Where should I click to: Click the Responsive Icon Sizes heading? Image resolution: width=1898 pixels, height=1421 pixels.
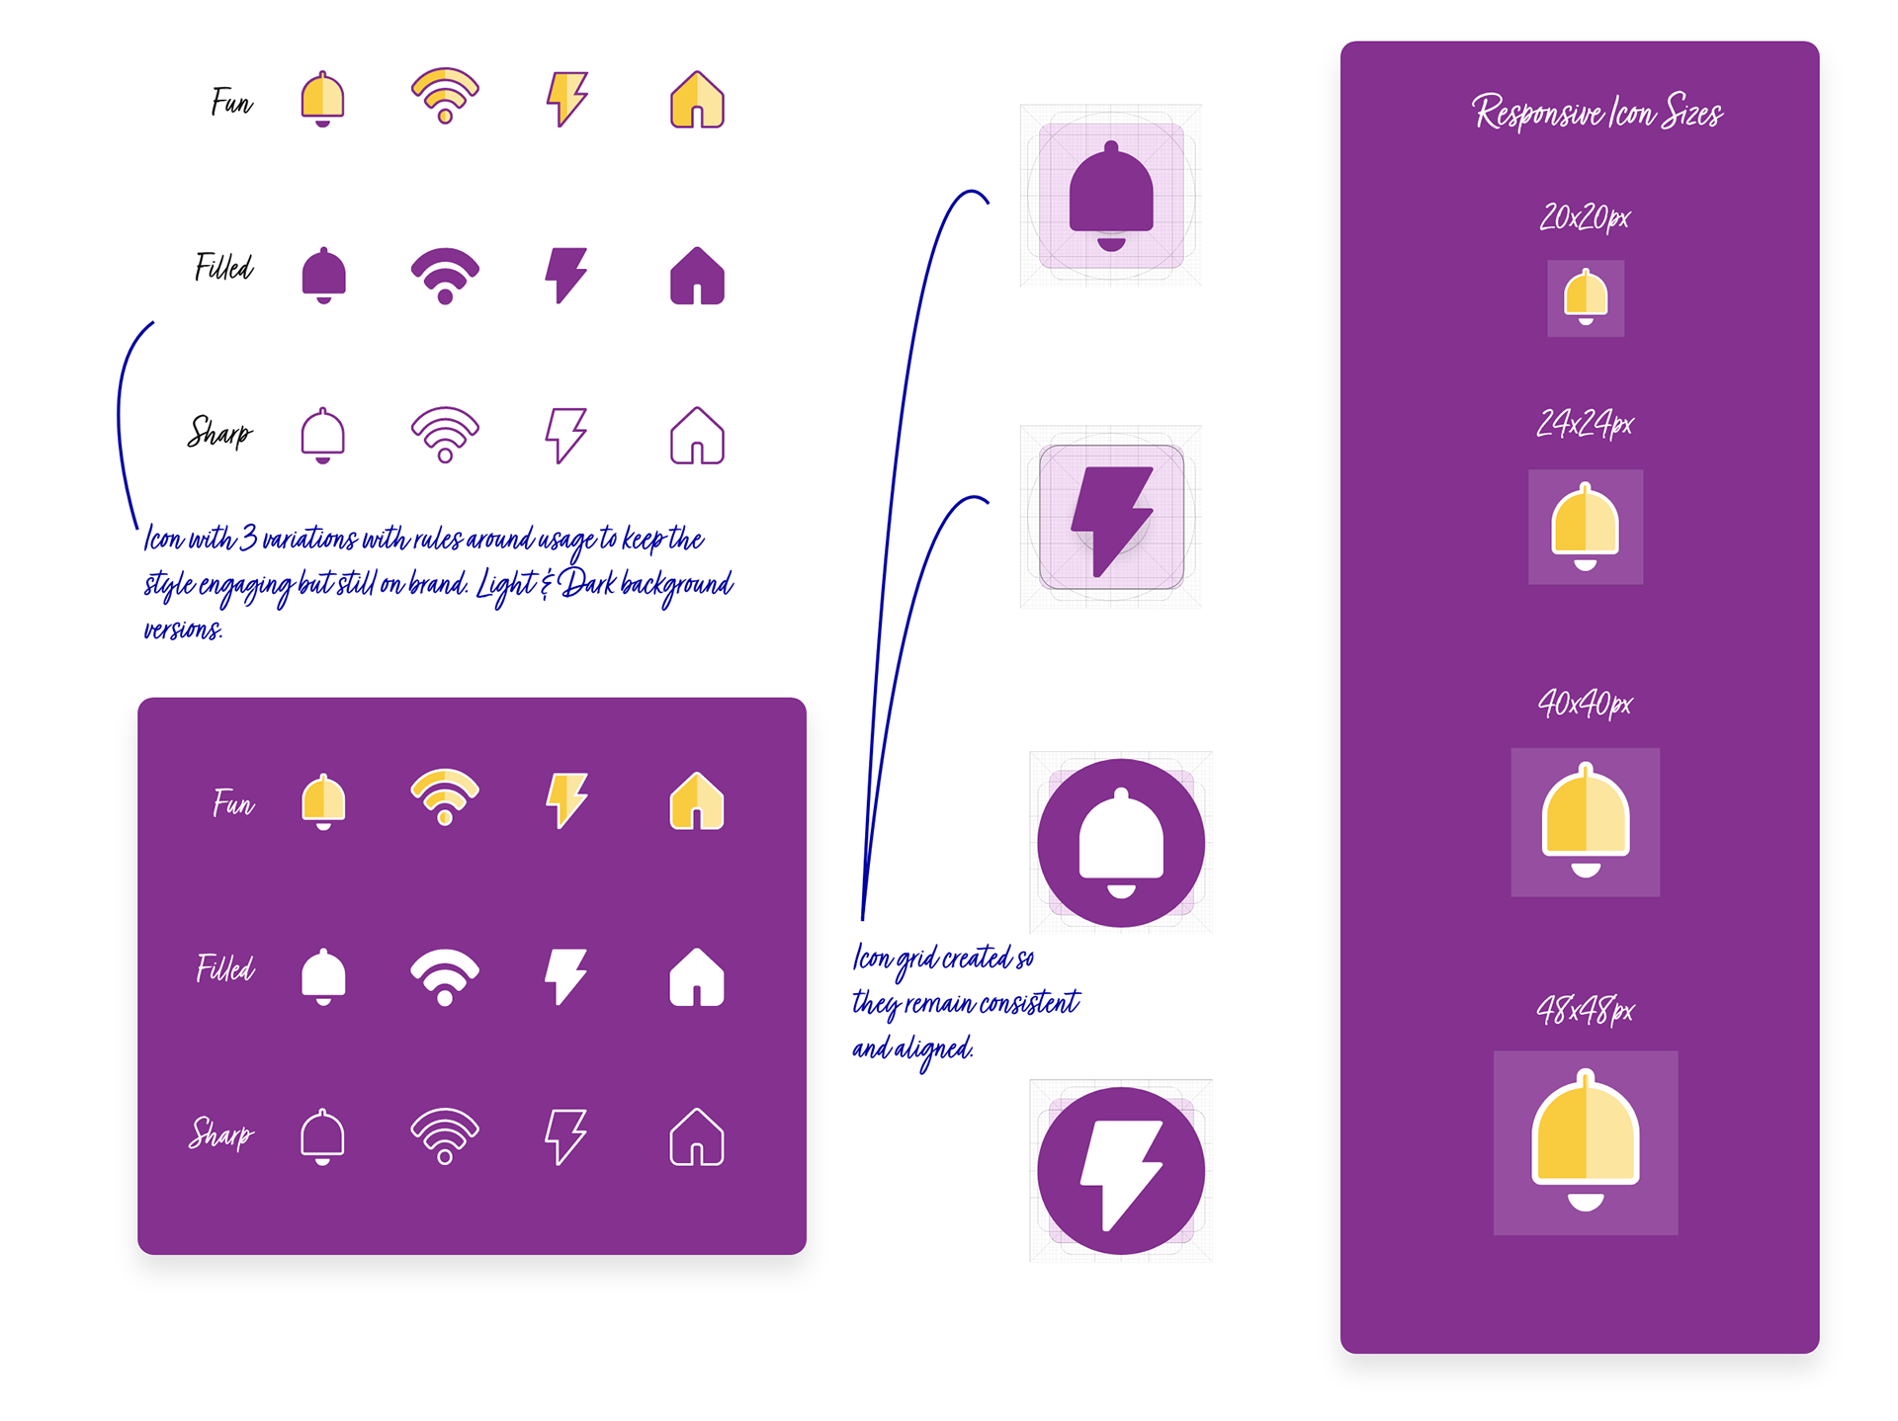[1596, 113]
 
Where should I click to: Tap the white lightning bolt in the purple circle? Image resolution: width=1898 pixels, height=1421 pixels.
[1120, 1172]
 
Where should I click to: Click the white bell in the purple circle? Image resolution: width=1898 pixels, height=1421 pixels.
[1121, 842]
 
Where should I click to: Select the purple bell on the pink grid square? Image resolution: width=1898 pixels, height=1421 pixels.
[1111, 196]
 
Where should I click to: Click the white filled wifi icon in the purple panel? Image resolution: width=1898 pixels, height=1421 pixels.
[445, 976]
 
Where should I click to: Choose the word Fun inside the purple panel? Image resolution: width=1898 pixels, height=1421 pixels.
[233, 802]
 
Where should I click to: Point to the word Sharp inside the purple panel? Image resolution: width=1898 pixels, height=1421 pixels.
[221, 1133]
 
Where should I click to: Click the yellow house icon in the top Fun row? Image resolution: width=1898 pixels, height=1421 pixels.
[697, 100]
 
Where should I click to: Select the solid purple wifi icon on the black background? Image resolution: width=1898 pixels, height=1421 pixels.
[445, 275]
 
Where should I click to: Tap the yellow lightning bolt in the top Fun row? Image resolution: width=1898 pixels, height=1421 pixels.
[566, 99]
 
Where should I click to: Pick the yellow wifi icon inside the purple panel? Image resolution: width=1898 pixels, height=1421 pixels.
[445, 796]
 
